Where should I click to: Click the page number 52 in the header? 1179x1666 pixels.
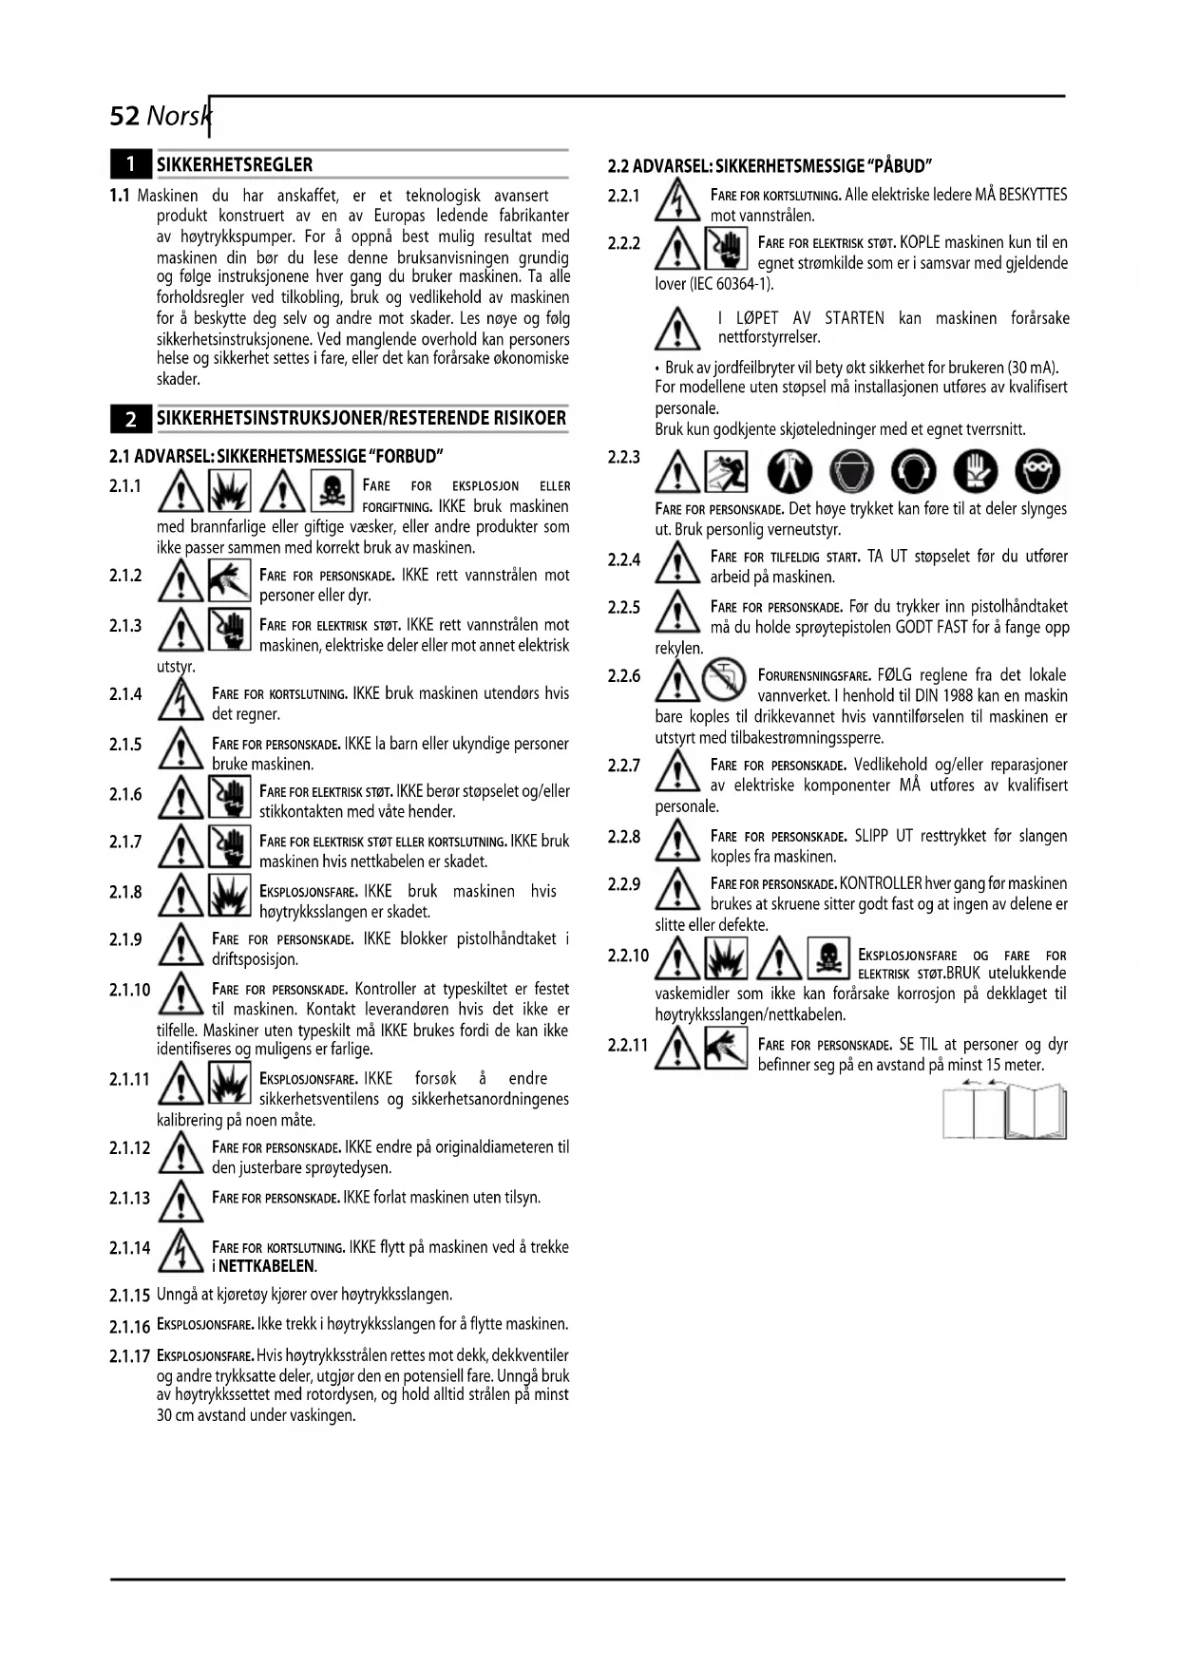(x=125, y=116)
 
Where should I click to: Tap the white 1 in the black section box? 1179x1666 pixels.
(x=131, y=165)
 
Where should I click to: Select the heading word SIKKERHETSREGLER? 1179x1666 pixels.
(x=235, y=165)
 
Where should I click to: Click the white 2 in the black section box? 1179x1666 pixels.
(x=131, y=419)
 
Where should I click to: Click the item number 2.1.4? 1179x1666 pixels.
(x=125, y=694)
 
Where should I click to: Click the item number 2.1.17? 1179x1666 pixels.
(x=130, y=1356)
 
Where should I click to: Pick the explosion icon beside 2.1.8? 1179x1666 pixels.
(x=229, y=896)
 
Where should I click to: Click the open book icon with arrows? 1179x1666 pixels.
(x=1004, y=1110)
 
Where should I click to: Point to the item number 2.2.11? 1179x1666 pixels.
(x=628, y=1046)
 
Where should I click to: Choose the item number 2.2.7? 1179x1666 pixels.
(x=624, y=766)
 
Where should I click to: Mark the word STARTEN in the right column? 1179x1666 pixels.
(x=854, y=318)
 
